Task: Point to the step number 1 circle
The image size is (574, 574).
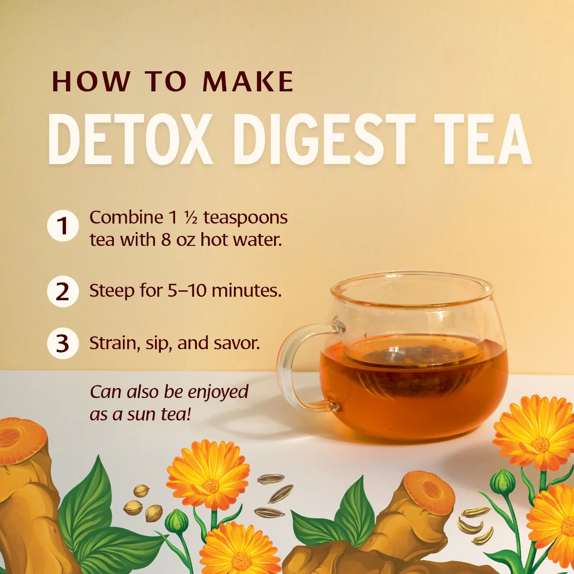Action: point(63,226)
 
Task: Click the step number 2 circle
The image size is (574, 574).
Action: point(63,291)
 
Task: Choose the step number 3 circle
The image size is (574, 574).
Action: point(63,343)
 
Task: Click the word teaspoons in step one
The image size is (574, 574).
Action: point(245,218)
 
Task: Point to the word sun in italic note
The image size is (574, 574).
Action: point(143,414)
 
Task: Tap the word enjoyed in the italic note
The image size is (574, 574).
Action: point(218,392)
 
